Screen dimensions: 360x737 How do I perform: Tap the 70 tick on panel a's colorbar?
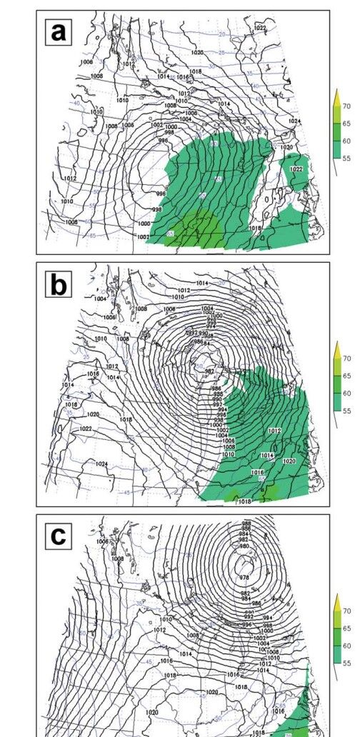point(346,106)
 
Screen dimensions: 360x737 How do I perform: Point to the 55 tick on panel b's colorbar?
point(346,411)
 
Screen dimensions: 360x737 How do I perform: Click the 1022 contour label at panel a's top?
point(260,28)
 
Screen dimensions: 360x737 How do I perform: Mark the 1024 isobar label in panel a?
point(294,121)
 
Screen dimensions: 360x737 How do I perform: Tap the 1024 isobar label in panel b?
point(101,463)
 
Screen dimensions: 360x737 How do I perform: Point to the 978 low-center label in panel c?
point(244,578)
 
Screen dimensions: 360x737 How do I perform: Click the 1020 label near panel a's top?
point(197,53)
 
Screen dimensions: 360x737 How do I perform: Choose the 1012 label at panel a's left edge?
point(70,179)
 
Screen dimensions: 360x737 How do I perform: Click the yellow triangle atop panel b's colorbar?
point(338,349)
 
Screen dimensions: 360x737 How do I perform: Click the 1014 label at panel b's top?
point(201,284)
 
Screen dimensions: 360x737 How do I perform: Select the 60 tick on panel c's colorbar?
point(346,646)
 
